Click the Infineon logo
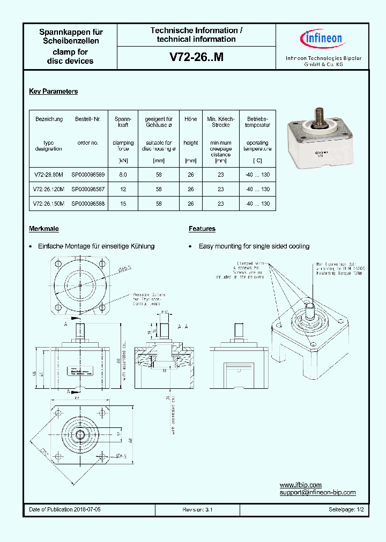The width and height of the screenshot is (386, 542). click(x=323, y=39)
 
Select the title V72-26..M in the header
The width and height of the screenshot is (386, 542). click(x=196, y=58)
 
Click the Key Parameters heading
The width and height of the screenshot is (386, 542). click(x=53, y=92)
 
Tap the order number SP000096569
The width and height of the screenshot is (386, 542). click(x=88, y=175)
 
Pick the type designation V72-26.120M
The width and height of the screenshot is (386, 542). click(x=49, y=190)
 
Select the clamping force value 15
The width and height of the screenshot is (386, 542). click(x=123, y=204)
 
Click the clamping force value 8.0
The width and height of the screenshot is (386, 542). click(x=123, y=175)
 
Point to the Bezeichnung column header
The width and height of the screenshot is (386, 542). click(x=49, y=119)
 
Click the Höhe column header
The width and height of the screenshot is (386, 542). click(x=190, y=119)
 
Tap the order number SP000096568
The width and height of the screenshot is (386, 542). click(x=88, y=204)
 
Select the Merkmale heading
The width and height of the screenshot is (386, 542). click(x=44, y=229)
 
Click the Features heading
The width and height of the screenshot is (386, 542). click(x=202, y=229)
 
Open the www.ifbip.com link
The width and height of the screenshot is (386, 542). click(x=300, y=485)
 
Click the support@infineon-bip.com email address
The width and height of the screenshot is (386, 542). click(x=317, y=493)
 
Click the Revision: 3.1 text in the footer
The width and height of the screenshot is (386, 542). click(x=197, y=510)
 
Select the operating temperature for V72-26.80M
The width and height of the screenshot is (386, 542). click(x=257, y=175)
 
